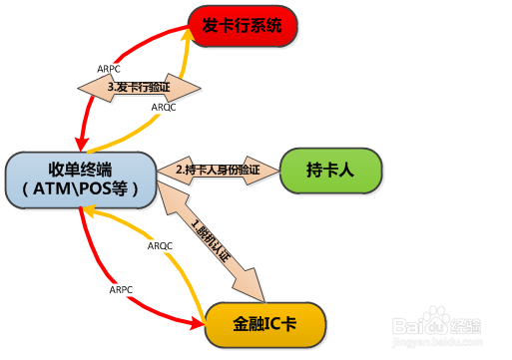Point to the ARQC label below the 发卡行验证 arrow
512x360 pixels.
[164, 106]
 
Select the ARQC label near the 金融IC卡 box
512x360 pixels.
[160, 245]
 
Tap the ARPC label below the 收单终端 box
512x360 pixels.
[121, 289]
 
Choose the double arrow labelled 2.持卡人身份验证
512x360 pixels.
[219, 170]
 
